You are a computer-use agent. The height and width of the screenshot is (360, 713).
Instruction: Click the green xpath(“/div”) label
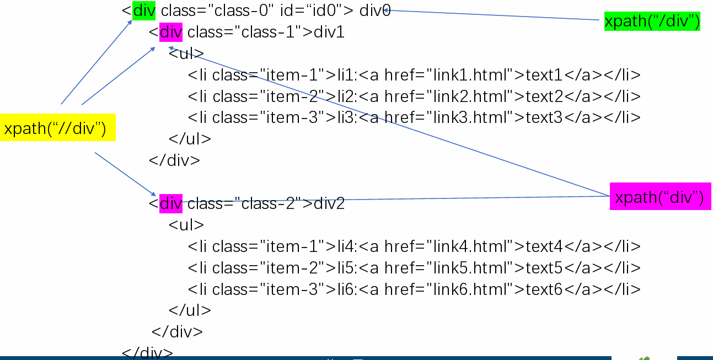coord(652,21)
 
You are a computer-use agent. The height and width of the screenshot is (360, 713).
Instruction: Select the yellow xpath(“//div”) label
coord(57,128)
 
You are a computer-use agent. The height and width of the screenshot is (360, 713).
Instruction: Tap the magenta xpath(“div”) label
coord(660,197)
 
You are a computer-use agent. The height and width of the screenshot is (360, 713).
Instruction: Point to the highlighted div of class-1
coord(170,33)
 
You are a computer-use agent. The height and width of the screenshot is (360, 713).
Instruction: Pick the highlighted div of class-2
coord(170,204)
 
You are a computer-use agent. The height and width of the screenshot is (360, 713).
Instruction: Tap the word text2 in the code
coord(544,96)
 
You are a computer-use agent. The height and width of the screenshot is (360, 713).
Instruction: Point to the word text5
coord(544,268)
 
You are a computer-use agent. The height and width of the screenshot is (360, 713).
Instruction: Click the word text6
coord(544,289)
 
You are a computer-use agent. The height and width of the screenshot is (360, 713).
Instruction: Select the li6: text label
coord(347,289)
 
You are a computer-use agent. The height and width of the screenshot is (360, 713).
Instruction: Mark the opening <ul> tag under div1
coord(186,54)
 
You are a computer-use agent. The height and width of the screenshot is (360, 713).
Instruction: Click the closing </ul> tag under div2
coord(190,310)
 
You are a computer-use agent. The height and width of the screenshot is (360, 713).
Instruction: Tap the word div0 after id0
coord(374,11)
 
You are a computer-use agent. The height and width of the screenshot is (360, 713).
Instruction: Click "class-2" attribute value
coord(269,204)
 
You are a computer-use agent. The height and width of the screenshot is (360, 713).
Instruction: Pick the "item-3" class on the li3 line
coord(292,118)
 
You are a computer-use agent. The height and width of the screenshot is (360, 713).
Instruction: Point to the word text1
coord(544,75)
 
